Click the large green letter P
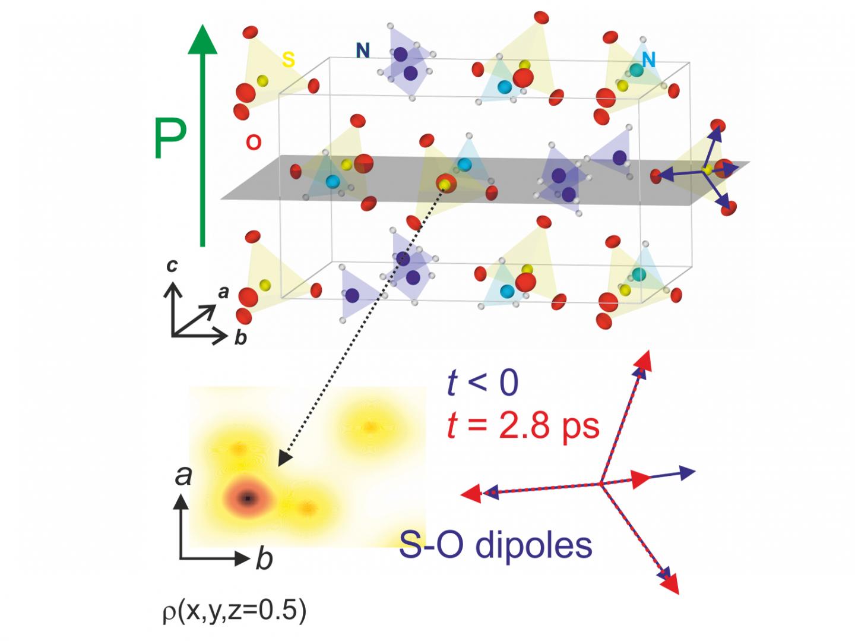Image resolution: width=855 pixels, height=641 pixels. (x=170, y=139)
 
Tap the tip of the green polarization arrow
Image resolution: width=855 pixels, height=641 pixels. (x=202, y=29)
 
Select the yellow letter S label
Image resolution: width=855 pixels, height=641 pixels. (x=288, y=59)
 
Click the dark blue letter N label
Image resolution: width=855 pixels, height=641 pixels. (x=363, y=51)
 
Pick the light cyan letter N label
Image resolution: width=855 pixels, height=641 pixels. (x=648, y=59)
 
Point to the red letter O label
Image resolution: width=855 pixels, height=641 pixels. (x=254, y=143)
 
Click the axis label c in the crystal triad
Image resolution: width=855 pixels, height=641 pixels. (x=172, y=266)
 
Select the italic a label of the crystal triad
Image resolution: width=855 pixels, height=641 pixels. (x=223, y=292)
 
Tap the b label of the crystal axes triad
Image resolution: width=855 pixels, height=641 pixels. (x=240, y=337)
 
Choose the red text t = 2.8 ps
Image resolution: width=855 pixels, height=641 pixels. (x=522, y=425)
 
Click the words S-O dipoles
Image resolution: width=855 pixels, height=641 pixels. (x=496, y=545)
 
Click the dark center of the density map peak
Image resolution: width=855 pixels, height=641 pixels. (x=248, y=498)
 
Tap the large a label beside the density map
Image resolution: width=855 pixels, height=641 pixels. (x=183, y=475)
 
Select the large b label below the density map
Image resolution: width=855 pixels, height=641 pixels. (x=264, y=559)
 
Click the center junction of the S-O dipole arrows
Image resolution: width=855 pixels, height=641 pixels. (x=601, y=484)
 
